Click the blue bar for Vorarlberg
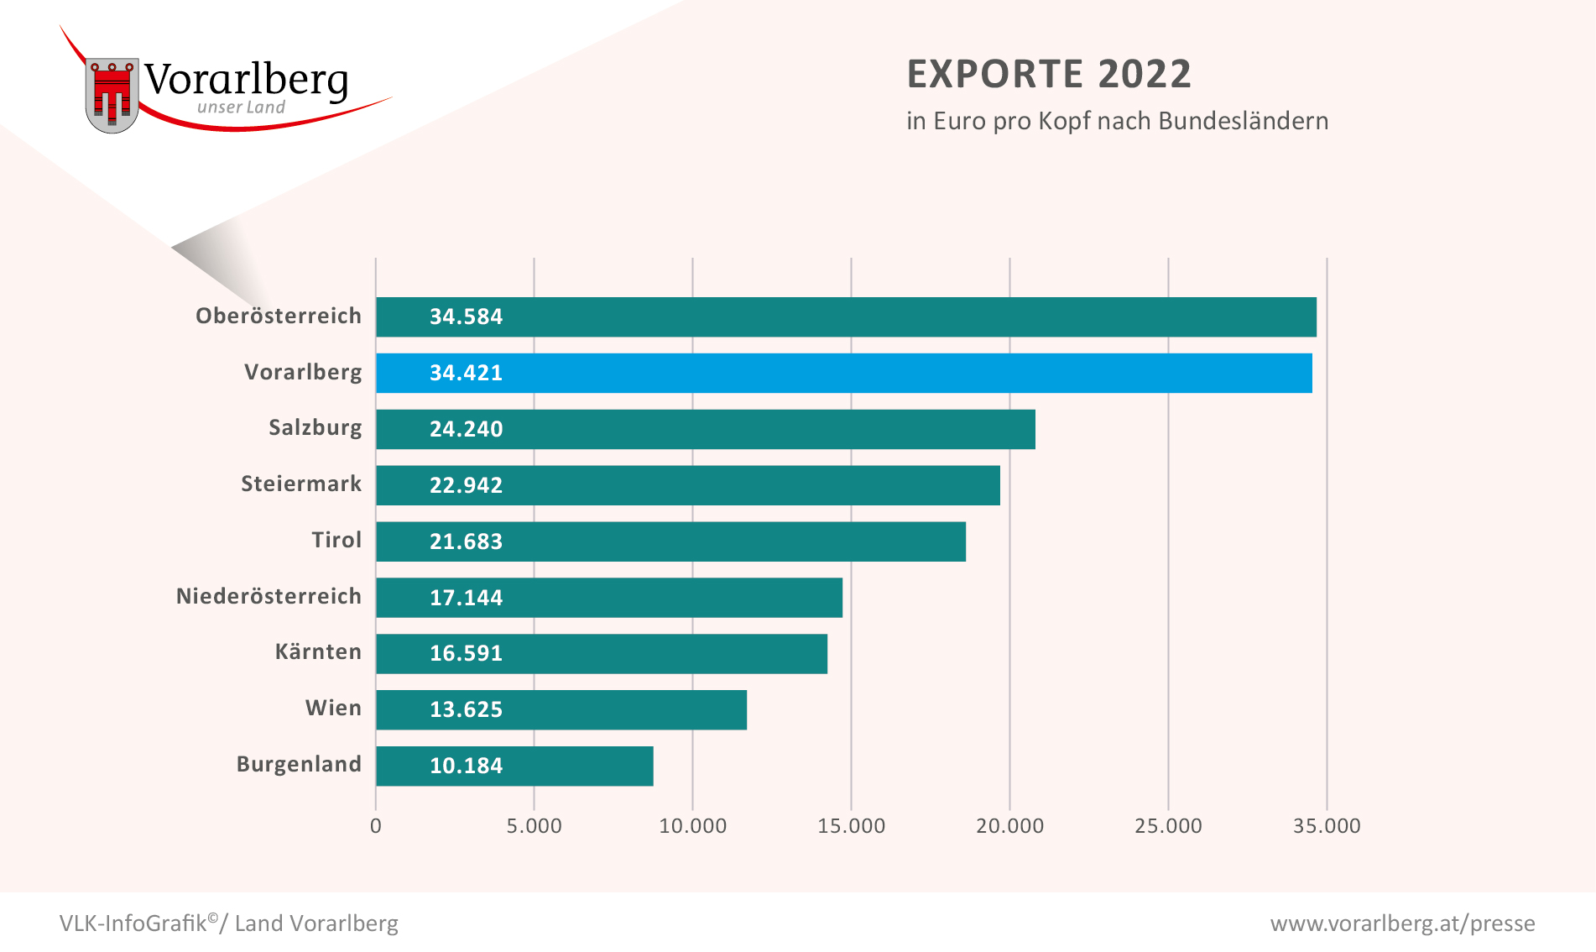843,373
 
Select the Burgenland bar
514,766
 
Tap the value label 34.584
466,316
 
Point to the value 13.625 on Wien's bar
466,709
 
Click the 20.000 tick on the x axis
1009,826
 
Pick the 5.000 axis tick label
534,826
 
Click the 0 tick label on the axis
376,826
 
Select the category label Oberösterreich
279,316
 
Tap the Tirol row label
336,540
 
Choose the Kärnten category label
318,651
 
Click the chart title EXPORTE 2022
1049,74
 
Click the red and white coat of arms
112,95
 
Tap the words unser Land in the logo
241,107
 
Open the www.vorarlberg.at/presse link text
1402,923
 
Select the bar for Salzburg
705,429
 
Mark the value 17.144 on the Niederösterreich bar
466,598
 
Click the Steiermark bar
688,485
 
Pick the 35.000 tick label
1327,826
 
